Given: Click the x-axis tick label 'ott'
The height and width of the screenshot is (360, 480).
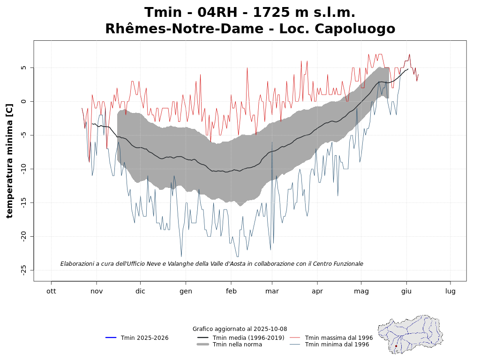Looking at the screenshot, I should [51, 291].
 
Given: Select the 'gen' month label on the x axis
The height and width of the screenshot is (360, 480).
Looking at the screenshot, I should [186, 291].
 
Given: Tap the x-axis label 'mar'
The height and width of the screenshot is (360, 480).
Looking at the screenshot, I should [272, 291].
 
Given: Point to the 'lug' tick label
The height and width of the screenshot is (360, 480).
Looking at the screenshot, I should [450, 291].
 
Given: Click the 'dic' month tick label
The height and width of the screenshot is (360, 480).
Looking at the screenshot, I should [140, 291].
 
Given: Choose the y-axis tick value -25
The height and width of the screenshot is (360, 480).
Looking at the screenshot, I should [23, 270].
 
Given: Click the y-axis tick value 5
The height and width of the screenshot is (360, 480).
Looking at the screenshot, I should [23, 67].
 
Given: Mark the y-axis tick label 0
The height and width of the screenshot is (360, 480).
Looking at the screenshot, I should [23, 101].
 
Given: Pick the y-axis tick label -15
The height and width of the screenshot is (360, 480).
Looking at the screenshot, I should [23, 202].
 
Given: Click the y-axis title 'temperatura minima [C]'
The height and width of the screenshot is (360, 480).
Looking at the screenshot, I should [10, 161].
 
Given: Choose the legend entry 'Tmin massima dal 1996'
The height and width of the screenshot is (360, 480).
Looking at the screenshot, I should [338, 338].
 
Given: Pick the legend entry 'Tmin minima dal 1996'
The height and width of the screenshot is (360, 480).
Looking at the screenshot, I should [337, 345].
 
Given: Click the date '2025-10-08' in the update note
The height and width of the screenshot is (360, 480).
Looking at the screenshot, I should [271, 329].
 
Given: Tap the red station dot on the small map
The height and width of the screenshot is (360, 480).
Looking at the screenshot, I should [396, 346].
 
